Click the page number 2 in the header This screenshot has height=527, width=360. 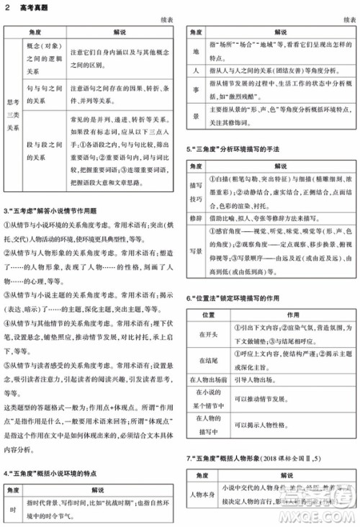pyautogui.click(x=6, y=7)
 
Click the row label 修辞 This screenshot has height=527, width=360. pyautogui.click(x=196, y=215)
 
